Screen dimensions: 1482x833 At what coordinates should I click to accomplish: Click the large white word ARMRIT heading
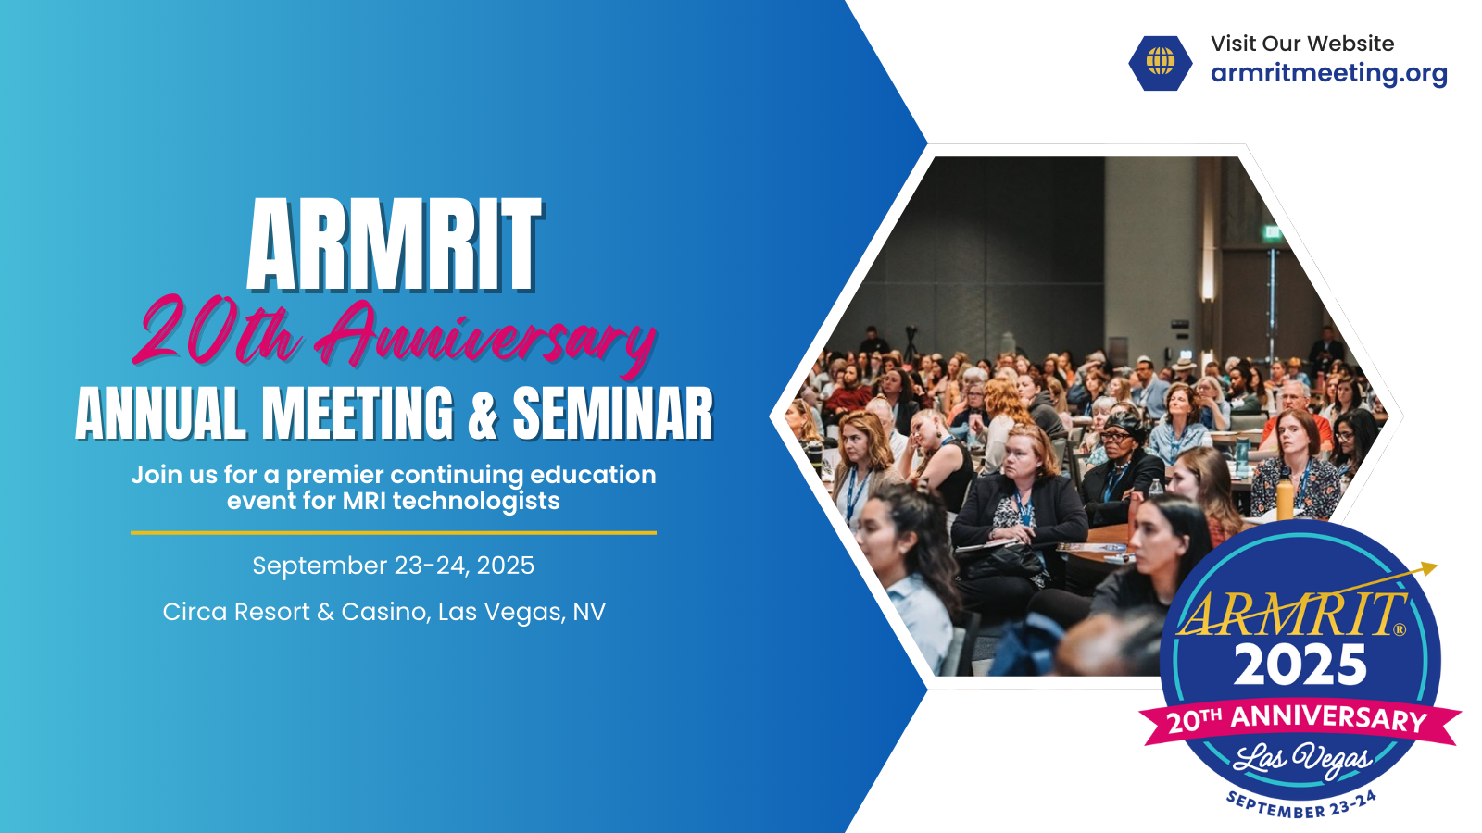pyautogui.click(x=395, y=244)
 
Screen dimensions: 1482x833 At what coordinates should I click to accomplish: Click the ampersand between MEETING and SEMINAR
pyautogui.click(x=483, y=414)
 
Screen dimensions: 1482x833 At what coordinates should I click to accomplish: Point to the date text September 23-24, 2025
pyautogui.click(x=393, y=566)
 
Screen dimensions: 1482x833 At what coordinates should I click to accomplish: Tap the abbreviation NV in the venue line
pyautogui.click(x=589, y=612)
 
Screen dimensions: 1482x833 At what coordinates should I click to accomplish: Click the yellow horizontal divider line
pyautogui.click(x=394, y=532)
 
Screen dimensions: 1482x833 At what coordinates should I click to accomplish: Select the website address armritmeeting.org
pyautogui.click(x=1329, y=73)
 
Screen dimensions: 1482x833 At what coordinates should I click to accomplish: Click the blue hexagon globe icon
pyautogui.click(x=1161, y=63)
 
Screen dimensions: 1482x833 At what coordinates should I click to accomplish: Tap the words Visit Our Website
pyautogui.click(x=1302, y=44)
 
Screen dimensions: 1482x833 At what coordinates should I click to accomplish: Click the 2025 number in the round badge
pyautogui.click(x=1300, y=665)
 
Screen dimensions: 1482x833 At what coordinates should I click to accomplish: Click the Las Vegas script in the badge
pyautogui.click(x=1301, y=759)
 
